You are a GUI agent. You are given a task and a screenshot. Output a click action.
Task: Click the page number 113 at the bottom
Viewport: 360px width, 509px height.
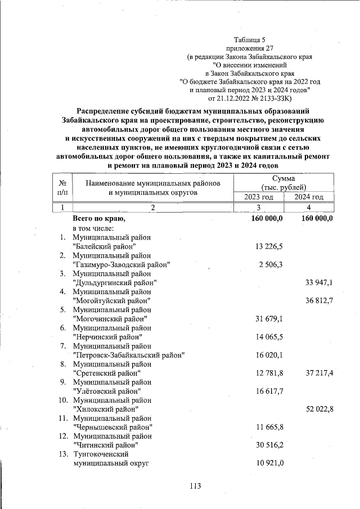click(195, 486)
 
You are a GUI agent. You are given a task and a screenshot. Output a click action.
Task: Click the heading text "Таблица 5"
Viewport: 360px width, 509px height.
click(249, 39)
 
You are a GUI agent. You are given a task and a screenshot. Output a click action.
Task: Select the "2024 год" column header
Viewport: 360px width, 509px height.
click(309, 197)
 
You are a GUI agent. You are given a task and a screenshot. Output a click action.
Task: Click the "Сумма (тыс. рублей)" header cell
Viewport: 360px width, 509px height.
click(284, 182)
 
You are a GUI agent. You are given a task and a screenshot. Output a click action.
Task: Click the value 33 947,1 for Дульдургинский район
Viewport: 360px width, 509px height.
click(319, 282)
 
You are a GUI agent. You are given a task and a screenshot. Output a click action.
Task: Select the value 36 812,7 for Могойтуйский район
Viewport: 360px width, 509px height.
click(319, 300)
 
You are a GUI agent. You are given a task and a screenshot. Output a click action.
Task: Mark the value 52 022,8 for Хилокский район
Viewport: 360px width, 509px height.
click(319, 409)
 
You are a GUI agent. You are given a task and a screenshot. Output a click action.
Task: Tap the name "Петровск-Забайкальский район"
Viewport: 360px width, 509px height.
click(129, 354)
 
